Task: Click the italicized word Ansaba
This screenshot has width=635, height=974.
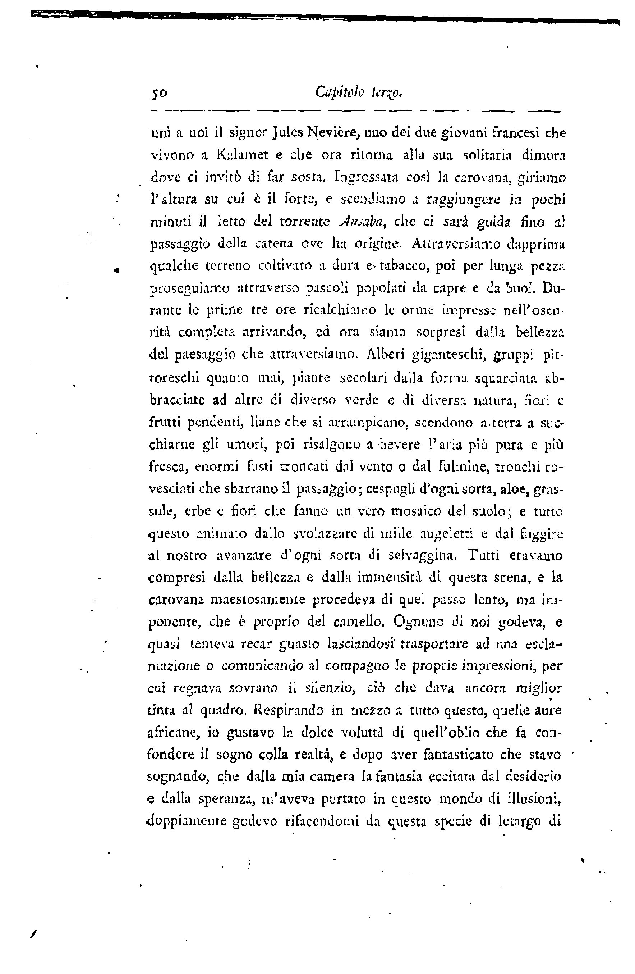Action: (361, 222)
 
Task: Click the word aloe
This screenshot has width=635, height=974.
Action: (513, 489)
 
